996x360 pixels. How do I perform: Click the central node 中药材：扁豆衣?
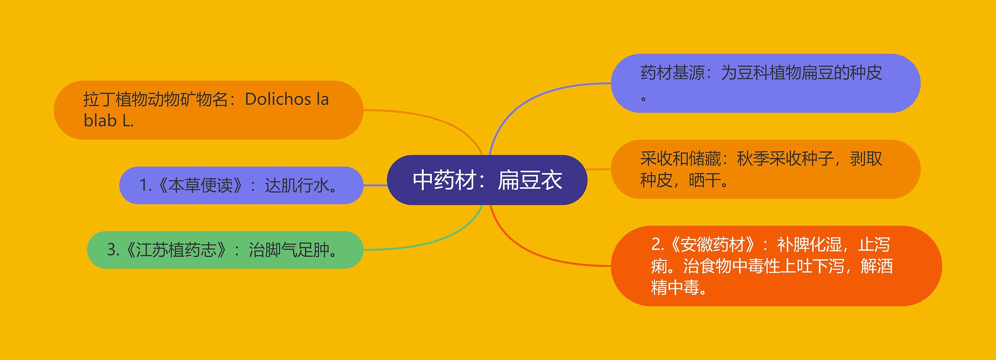[487, 180]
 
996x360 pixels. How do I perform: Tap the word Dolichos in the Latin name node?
[278, 100]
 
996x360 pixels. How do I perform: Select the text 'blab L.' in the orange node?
[109, 121]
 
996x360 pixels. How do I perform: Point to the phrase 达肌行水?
[296, 186]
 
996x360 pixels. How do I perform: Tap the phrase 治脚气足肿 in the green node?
[289, 250]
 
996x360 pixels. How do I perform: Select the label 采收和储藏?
[680, 159]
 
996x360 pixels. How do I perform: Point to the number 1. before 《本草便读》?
[146, 186]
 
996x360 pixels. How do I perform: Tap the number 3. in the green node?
[113, 250]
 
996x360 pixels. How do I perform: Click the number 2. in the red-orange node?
[658, 245]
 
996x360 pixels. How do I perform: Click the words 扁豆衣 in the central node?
[530, 180]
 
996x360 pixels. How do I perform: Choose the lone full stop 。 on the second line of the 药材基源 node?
[644, 99]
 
